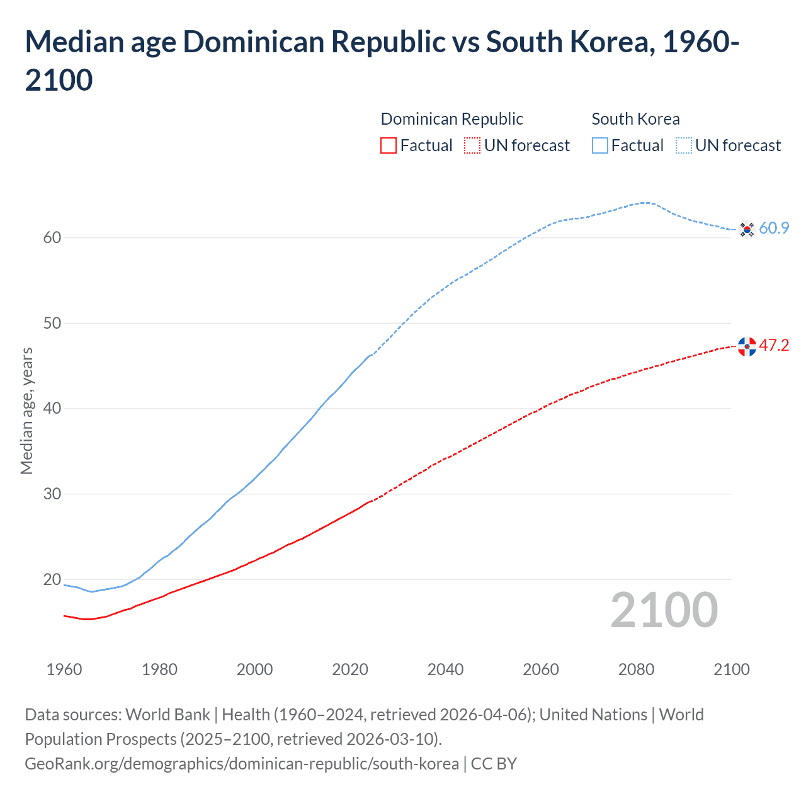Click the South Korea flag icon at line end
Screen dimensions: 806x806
(747, 229)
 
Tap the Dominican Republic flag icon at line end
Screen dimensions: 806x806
(747, 346)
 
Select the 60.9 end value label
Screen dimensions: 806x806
(774, 228)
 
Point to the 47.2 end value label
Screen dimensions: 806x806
(774, 345)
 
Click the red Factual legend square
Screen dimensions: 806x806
(389, 145)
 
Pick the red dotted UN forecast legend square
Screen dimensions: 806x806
(472, 145)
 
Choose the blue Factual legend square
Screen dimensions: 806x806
(600, 145)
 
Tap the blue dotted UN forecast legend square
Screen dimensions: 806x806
(684, 145)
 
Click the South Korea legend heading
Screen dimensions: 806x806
(635, 119)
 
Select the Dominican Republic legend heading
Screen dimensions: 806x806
(451, 119)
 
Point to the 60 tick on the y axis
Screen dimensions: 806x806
(52, 237)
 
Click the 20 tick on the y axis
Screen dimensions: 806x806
(52, 579)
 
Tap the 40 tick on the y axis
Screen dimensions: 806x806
(52, 408)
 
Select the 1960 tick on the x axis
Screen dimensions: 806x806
(64, 669)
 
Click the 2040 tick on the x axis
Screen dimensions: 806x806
(445, 669)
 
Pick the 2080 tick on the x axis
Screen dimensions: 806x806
(636, 669)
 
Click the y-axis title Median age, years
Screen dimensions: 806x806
(26, 411)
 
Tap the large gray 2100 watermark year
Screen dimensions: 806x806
(664, 610)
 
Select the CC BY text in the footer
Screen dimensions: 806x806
(494, 764)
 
